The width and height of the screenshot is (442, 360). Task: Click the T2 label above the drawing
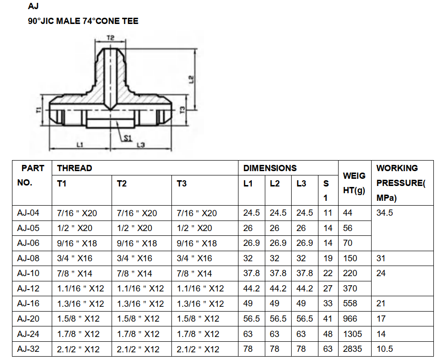(111, 37)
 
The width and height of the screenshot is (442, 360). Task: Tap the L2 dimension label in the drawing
(191, 78)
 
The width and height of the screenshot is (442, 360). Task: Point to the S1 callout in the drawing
(127, 138)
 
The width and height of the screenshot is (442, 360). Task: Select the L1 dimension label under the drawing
(80, 144)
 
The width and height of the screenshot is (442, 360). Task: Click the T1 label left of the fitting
(38, 110)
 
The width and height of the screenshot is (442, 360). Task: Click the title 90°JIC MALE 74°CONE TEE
(83, 21)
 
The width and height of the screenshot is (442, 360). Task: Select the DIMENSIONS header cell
(270, 168)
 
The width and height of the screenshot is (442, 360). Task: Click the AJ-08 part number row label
(28, 258)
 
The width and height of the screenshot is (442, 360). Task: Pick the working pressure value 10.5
(385, 349)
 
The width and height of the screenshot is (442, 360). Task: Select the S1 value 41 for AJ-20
(328, 319)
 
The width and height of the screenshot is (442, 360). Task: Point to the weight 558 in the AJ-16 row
(351, 303)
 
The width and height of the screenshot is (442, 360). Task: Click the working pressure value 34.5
(385, 213)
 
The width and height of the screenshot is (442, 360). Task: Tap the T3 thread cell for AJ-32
(198, 349)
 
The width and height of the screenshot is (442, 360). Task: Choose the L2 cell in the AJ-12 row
(278, 289)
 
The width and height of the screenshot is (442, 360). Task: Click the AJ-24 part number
(28, 334)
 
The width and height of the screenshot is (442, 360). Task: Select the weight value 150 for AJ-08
(351, 258)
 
